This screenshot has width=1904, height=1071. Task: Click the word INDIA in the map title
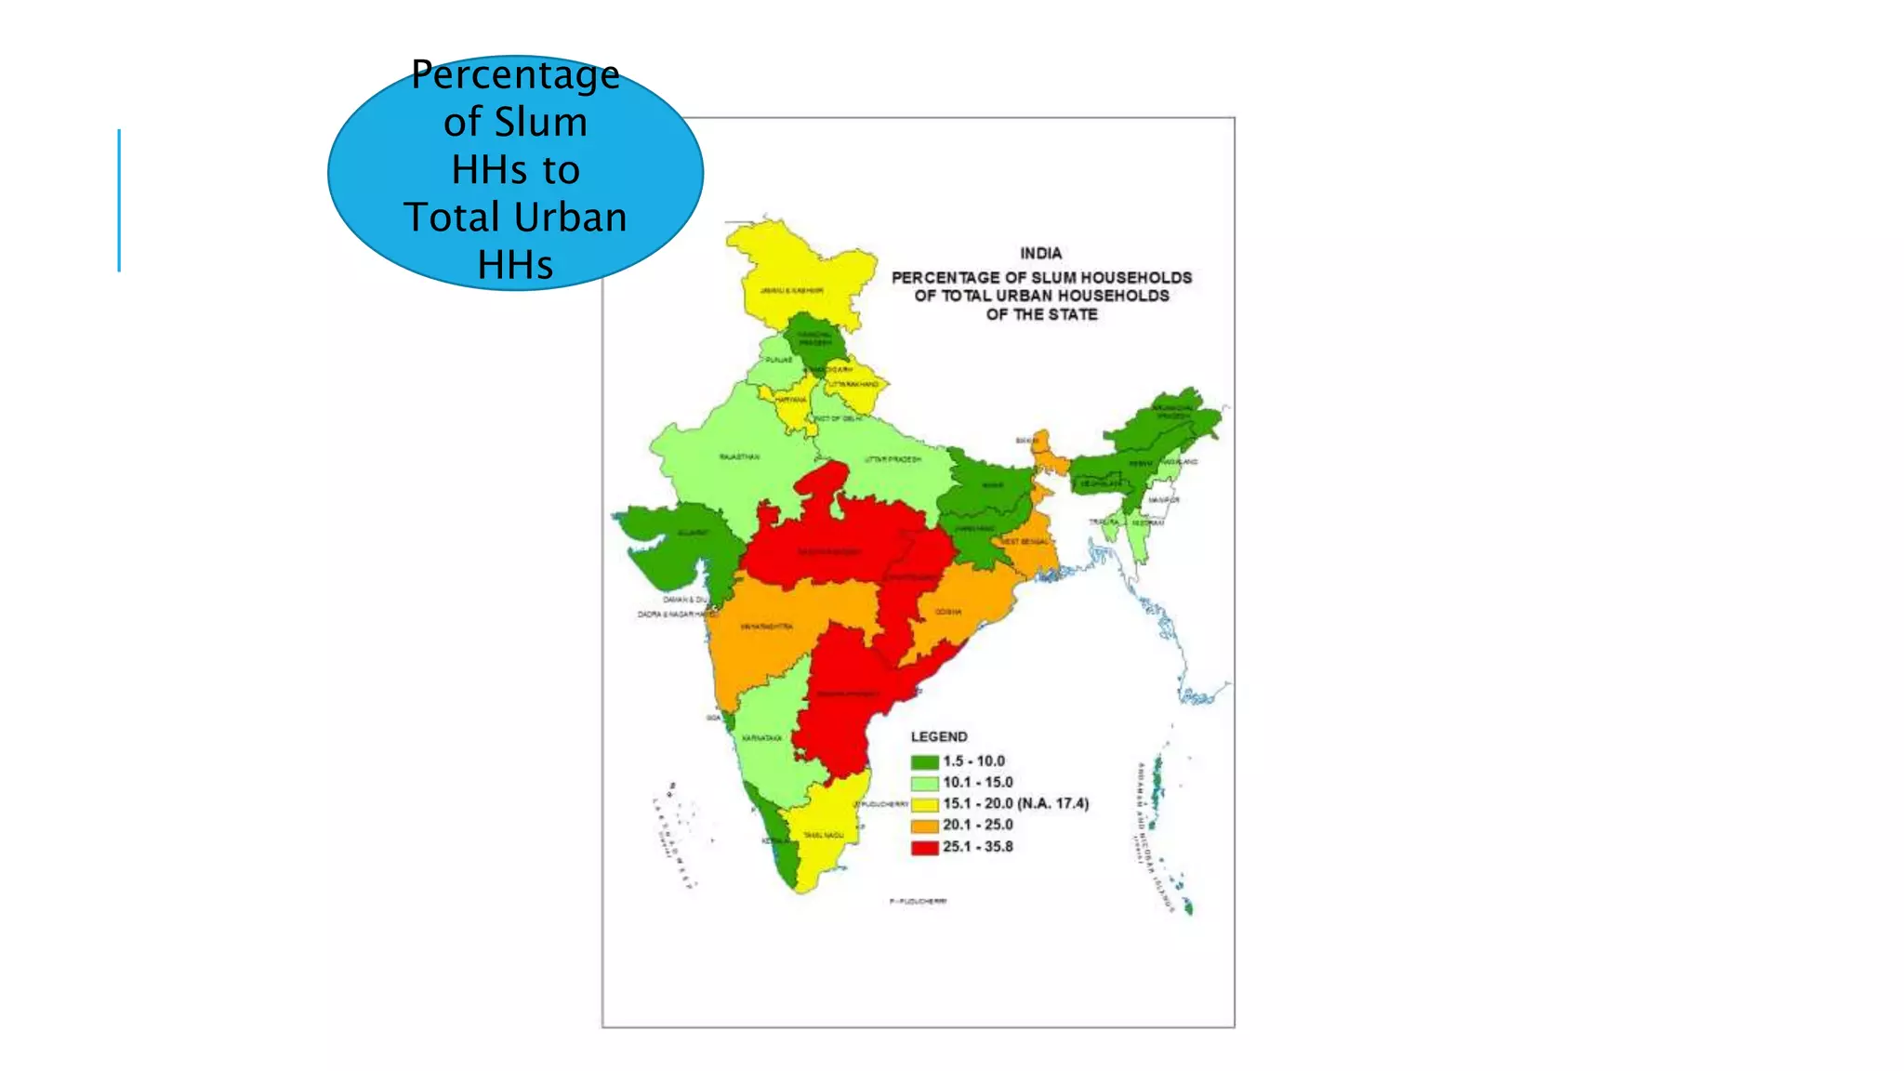[x=1040, y=253]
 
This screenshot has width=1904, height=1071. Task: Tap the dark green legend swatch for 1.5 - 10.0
[x=924, y=762]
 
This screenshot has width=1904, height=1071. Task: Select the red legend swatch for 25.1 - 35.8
[x=924, y=848]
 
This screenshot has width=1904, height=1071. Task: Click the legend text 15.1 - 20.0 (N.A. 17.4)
[x=1015, y=803]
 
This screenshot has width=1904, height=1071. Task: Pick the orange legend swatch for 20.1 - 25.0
[x=924, y=826]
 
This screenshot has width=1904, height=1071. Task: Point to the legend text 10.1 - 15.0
[x=977, y=783]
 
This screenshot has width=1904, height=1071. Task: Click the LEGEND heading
[x=939, y=736]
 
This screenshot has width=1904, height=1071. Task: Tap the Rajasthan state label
[x=739, y=457]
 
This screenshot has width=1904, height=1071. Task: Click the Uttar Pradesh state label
[x=892, y=459]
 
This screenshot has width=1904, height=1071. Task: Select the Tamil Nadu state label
[x=823, y=836]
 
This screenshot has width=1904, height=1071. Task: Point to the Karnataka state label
[x=761, y=738]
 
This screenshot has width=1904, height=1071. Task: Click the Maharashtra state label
[x=766, y=627]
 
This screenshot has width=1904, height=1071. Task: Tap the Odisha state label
[x=948, y=612]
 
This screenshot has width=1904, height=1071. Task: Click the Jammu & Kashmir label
[x=791, y=291]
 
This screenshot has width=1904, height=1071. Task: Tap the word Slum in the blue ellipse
[x=540, y=122]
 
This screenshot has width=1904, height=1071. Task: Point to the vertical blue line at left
[x=119, y=200]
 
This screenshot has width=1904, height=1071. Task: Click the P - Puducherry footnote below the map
[x=918, y=902]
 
